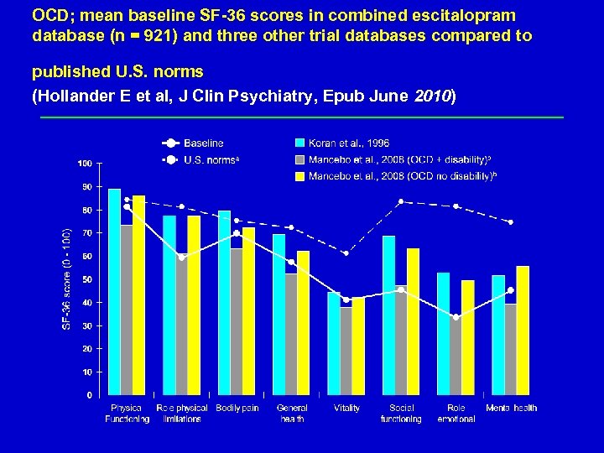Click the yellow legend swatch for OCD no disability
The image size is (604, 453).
click(299, 176)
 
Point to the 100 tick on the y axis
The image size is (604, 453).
click(86, 162)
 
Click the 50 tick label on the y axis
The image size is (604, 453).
click(87, 279)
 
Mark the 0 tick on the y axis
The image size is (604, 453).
click(90, 394)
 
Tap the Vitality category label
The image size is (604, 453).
click(346, 409)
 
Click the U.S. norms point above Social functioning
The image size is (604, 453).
click(401, 201)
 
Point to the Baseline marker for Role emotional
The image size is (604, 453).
click(456, 317)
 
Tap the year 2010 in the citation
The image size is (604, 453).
click(433, 96)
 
